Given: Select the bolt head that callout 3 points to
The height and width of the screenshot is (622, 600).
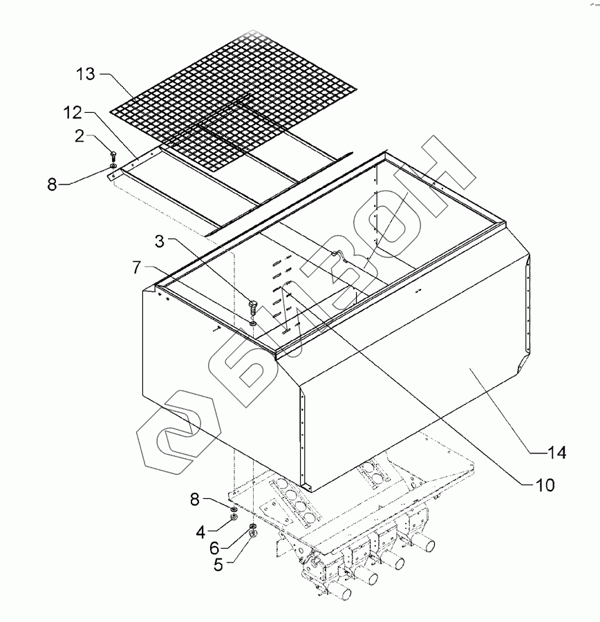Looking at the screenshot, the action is (253, 305).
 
